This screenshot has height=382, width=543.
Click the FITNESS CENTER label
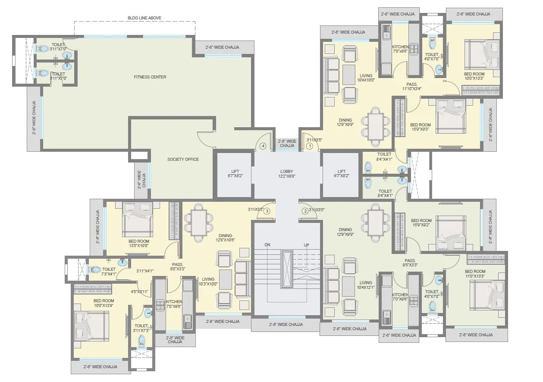pos(150,77)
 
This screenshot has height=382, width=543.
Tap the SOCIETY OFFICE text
pos(183,160)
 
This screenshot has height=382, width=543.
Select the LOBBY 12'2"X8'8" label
pos(287,174)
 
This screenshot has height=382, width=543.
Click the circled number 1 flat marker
pos(309,146)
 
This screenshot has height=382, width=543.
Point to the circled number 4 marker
pos(263,146)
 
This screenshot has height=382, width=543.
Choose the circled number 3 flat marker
pos(267,211)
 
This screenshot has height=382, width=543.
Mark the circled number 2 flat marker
pos(305,211)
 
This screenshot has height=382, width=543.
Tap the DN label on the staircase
pos(267,245)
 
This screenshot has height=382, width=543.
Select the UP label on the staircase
pos(306,245)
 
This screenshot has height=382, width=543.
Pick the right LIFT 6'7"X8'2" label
pos(342,174)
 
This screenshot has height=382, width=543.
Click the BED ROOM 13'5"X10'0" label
pos(138,243)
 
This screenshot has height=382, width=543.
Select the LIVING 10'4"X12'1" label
pos(366,285)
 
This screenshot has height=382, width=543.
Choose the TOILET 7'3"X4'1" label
pos(109,271)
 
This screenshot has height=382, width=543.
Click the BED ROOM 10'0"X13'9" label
pos(104,303)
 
